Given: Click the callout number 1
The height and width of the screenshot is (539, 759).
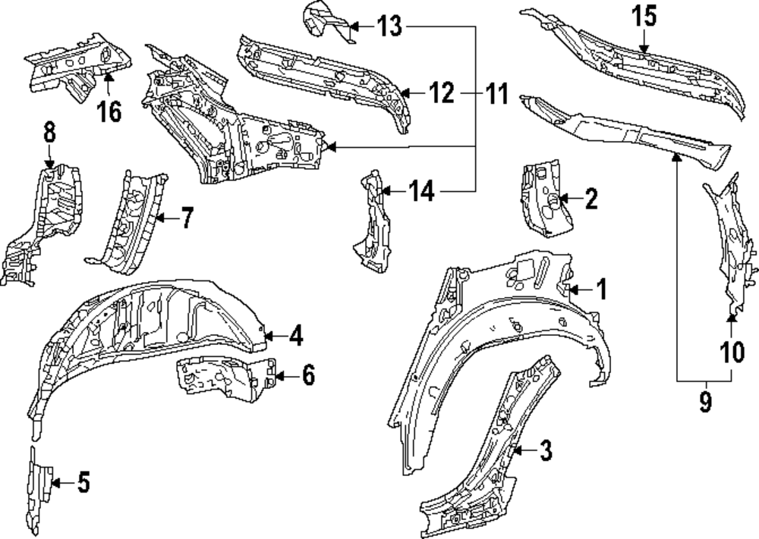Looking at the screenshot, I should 600,290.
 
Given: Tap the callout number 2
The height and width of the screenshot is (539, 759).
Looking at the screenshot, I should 591,200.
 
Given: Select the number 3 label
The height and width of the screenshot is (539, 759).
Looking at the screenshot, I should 545,452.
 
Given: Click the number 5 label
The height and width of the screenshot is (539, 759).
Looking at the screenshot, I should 83,481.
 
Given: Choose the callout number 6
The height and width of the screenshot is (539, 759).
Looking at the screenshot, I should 307,374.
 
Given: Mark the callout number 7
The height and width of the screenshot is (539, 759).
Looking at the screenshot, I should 187,218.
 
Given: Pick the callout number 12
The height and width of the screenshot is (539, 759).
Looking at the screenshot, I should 440,94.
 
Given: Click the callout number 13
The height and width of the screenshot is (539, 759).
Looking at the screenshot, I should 389,28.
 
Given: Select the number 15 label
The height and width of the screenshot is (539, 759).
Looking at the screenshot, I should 644,17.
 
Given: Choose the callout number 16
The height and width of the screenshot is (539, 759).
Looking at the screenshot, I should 109,112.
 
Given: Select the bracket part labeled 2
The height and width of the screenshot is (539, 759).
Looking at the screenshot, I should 543,197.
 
